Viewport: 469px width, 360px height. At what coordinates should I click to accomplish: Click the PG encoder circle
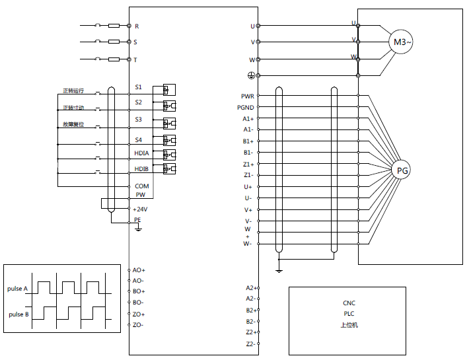tap(402, 170)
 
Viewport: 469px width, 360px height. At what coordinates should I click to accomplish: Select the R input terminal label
tap(137, 26)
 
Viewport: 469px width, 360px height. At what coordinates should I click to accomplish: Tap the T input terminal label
tap(136, 59)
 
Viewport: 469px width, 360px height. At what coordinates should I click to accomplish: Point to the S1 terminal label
tap(139, 87)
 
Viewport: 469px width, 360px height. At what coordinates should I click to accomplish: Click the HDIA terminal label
tap(141, 153)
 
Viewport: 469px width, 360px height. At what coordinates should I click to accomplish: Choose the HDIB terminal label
tap(141, 169)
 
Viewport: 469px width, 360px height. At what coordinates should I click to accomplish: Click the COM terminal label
tap(141, 186)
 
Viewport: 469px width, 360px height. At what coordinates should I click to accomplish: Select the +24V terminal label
tap(141, 209)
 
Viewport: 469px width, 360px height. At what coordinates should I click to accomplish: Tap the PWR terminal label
tap(248, 96)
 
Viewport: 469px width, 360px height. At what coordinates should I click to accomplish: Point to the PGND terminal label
tap(246, 107)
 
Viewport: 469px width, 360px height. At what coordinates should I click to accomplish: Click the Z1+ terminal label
tap(248, 164)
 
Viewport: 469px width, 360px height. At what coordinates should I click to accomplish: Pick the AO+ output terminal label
tap(139, 270)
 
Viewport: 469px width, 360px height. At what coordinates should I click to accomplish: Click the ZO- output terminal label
tap(138, 325)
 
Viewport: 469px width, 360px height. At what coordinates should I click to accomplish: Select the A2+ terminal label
tap(250, 288)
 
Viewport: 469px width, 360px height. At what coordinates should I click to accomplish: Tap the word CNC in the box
tap(349, 303)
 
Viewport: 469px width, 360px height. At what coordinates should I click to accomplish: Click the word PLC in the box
tap(349, 314)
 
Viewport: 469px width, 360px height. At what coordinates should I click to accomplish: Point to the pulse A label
tap(18, 289)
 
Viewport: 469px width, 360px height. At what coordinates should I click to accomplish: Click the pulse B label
tap(18, 314)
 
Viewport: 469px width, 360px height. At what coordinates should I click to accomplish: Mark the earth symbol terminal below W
tap(251, 75)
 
